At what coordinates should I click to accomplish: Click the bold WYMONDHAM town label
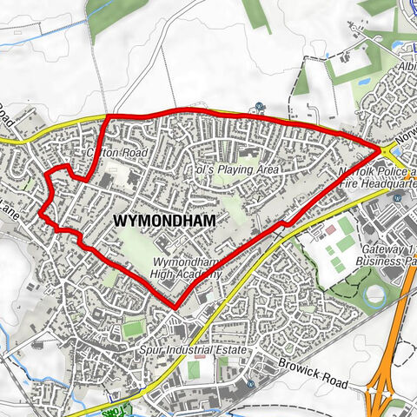point(164,222)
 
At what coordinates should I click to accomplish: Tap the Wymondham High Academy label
point(185,268)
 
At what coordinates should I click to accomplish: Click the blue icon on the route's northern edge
point(260,108)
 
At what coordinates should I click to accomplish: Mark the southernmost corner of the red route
point(175,308)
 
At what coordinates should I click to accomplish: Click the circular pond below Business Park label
point(375,295)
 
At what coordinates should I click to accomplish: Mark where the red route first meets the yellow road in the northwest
point(108,116)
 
